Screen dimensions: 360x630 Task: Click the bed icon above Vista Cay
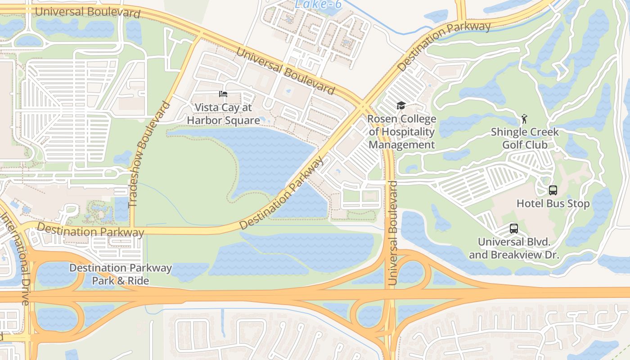223,94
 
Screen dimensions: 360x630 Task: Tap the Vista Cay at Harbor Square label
223,114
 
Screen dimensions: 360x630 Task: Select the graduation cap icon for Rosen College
400,106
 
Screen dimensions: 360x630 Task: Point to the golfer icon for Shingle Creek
524,119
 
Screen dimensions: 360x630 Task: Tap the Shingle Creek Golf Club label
525,138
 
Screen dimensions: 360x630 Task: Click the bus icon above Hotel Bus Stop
553,190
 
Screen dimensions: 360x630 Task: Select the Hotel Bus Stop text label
553,204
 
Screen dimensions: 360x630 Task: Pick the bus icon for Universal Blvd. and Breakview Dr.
513,229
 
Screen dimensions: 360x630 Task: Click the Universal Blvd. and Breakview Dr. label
514,248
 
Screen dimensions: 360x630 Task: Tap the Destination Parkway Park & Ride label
120,274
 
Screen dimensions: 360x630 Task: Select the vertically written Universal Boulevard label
392,233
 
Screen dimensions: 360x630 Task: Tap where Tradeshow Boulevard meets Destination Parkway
132,230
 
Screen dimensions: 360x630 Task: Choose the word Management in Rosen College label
402,145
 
